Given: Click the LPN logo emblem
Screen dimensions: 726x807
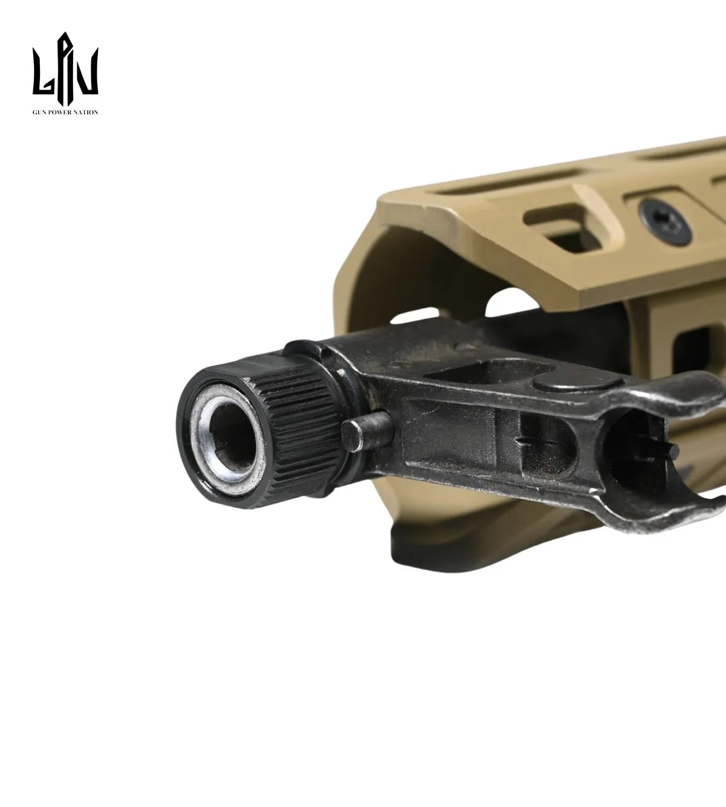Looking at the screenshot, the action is click(x=65, y=69).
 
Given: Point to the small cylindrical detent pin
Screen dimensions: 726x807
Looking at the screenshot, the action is click(x=366, y=431).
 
